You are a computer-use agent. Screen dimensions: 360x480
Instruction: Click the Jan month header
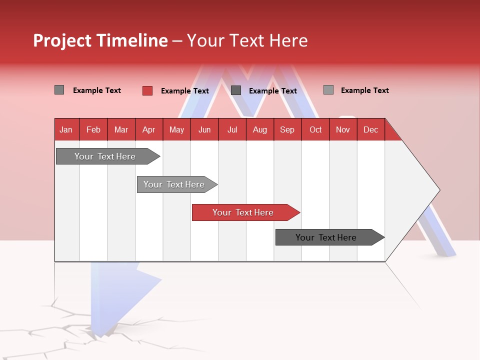(x=66, y=129)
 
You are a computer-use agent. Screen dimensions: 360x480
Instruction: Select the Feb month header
(x=93, y=129)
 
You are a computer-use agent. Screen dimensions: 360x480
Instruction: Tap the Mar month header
(x=121, y=129)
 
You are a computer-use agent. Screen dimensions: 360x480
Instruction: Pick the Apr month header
(x=148, y=129)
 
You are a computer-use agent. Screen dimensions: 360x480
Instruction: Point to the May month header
(x=176, y=129)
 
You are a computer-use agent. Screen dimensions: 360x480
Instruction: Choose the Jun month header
(x=204, y=129)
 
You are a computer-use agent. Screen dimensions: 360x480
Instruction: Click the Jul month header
(x=232, y=129)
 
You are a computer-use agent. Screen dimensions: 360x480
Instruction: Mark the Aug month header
(x=259, y=129)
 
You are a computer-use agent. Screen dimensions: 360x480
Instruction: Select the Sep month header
(x=287, y=129)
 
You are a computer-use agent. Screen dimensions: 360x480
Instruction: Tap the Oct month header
(x=315, y=129)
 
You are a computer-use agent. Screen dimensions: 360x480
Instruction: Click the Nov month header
(x=343, y=129)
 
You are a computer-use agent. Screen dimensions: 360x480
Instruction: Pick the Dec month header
(x=370, y=129)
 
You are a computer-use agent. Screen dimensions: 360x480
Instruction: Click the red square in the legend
(x=147, y=90)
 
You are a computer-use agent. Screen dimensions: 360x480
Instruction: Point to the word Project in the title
(x=62, y=40)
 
